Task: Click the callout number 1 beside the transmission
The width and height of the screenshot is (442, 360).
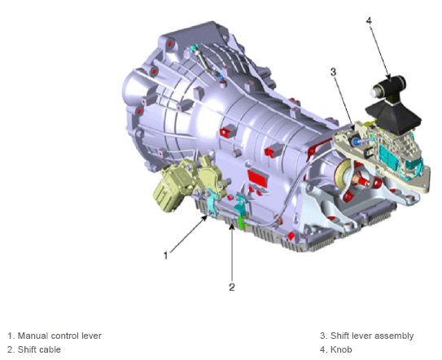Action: tap(166, 255)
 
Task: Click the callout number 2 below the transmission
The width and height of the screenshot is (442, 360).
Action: tap(232, 287)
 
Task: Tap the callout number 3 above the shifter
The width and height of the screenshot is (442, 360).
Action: tap(333, 72)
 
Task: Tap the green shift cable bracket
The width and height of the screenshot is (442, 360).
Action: tap(241, 217)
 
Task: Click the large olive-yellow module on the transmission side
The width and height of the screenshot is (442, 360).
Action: tap(170, 187)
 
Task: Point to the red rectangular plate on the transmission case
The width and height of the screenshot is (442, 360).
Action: tap(258, 176)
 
